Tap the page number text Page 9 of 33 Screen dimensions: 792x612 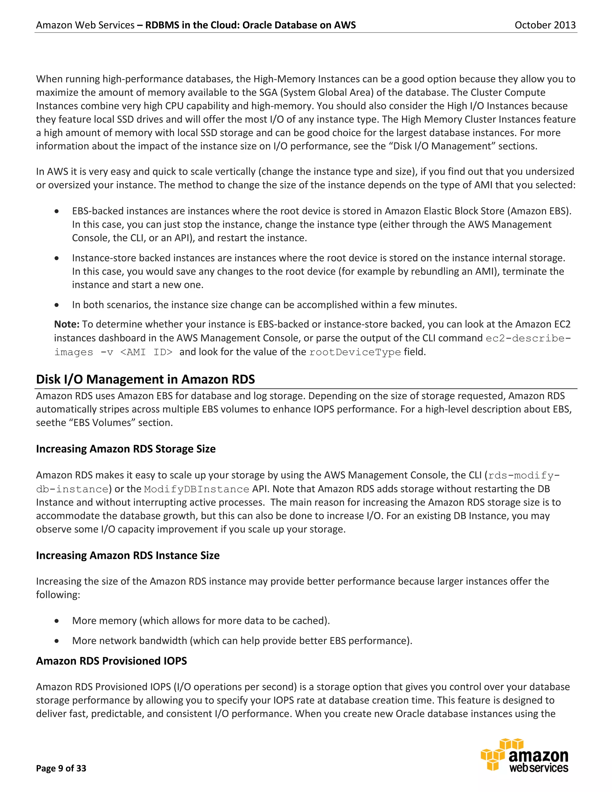pos(61,768)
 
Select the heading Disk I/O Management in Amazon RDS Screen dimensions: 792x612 pos(146,379)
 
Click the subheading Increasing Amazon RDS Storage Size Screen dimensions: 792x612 pos(126,449)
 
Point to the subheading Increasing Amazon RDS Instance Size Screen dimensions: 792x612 pos(128,556)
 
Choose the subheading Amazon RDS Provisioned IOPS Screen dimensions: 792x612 pos(111,661)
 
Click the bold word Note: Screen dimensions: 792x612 pos(67,324)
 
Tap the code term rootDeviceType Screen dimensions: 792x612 pos(355,352)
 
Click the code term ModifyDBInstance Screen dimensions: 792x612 pos(197,489)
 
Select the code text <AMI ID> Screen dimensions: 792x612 pos(146,352)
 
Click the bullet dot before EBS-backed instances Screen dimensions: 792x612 pos(56,211)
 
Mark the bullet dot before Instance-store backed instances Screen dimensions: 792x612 pos(56,258)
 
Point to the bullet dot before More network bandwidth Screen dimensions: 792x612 pos(56,641)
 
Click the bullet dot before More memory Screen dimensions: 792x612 pos(56,621)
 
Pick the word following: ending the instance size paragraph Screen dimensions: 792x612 pos(58,595)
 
